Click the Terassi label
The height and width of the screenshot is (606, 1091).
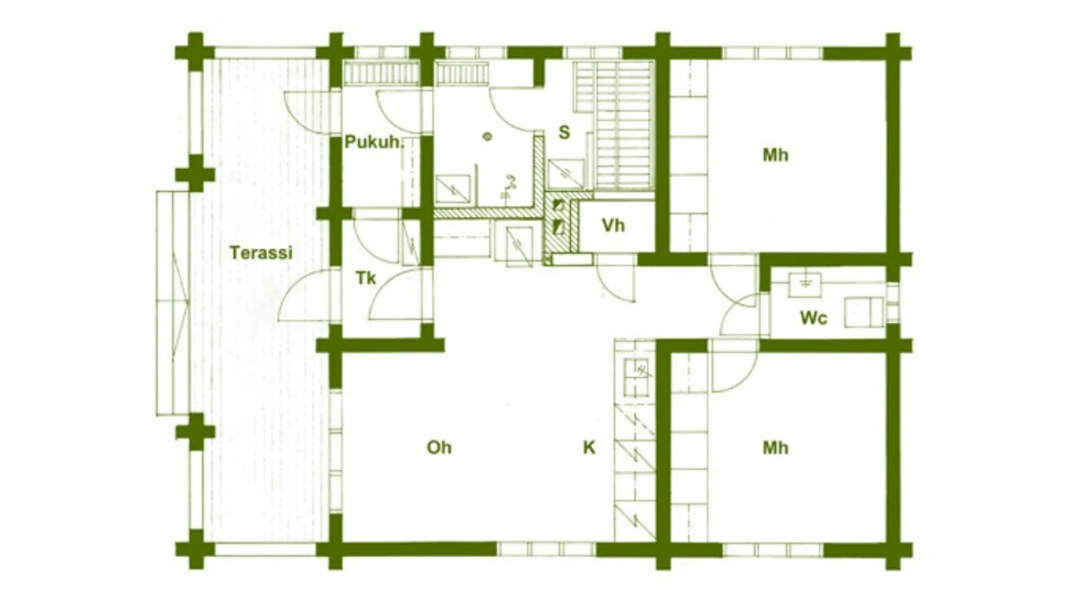point(261,252)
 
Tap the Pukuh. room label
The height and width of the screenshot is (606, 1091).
point(374,142)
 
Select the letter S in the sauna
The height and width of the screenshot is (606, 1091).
point(564,132)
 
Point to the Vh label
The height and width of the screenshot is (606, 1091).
point(613,225)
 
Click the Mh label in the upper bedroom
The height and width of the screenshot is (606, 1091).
point(775,155)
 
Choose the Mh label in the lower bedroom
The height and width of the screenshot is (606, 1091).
point(775,448)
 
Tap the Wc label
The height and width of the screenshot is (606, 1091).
point(813,318)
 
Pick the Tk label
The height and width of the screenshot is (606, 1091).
point(365,278)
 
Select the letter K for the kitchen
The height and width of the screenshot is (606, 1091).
point(589,448)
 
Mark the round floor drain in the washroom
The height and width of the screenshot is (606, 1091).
point(487,136)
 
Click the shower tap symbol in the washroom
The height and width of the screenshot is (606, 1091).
point(509,185)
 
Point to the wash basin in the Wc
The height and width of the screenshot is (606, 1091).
point(805,284)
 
